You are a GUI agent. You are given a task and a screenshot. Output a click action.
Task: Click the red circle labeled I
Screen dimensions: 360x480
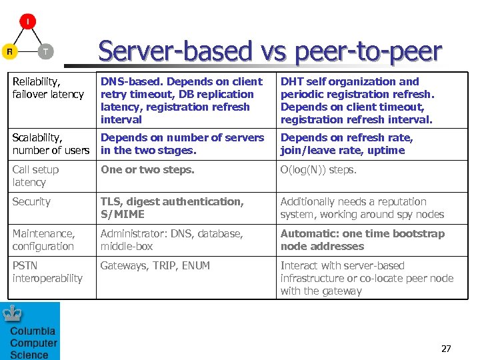[x=27, y=22]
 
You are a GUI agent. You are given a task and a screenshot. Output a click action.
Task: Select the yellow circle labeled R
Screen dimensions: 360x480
[x=10, y=51]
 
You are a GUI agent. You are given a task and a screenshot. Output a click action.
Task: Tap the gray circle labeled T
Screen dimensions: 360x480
[x=45, y=51]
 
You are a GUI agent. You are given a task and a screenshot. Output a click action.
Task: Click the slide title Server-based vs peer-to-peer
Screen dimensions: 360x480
[x=270, y=51]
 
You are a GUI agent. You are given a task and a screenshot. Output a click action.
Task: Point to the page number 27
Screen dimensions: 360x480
[x=446, y=349]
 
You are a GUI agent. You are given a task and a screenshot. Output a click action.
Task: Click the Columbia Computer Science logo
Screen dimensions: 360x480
[x=31, y=331]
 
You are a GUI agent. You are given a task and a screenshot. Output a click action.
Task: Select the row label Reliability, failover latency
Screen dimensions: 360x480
[x=48, y=88]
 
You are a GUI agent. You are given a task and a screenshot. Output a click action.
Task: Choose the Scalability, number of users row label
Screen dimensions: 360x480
[x=51, y=144]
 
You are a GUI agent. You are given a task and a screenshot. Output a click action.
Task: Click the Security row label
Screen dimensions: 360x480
[x=31, y=201]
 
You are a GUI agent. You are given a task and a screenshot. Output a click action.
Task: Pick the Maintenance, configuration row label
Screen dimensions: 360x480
[x=43, y=240]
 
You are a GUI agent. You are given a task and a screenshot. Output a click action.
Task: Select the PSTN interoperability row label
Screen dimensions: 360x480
[x=47, y=272]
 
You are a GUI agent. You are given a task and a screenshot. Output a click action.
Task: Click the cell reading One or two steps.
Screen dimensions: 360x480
[x=147, y=169]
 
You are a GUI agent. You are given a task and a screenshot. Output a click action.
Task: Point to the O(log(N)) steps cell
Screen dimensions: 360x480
[x=318, y=169]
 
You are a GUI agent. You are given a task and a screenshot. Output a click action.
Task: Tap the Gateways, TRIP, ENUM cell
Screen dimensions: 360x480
[x=155, y=265]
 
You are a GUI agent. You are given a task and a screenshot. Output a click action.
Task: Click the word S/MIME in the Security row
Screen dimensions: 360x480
[x=123, y=214]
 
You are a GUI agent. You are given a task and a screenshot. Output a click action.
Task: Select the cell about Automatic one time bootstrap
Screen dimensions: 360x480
[x=362, y=240]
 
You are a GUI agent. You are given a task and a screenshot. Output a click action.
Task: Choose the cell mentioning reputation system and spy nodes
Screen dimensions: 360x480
[x=362, y=208]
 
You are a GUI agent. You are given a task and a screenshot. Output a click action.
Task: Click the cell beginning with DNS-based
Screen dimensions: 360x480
[x=182, y=101]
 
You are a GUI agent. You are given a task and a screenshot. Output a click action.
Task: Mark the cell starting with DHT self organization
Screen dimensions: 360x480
[x=357, y=101]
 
